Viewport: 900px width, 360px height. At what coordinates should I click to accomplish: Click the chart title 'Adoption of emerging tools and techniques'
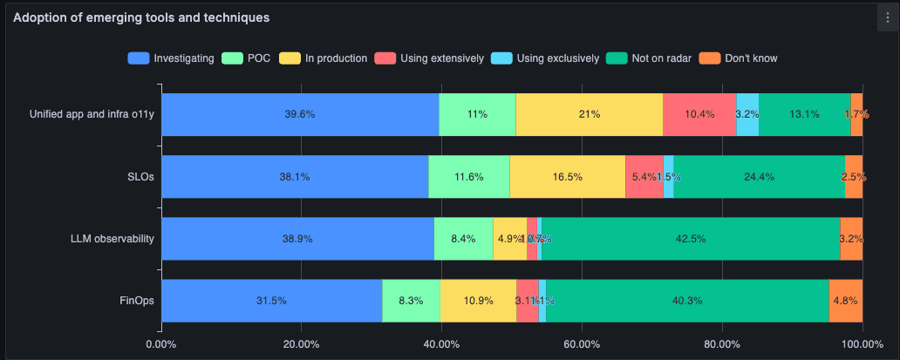140,17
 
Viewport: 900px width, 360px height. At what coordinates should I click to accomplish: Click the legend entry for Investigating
172,58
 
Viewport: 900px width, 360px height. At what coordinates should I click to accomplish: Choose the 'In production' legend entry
325,58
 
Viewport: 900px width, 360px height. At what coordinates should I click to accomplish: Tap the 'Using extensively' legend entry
430,58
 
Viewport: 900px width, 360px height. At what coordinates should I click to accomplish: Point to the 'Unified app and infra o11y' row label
92,114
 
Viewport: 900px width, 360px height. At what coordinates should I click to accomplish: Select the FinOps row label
136,301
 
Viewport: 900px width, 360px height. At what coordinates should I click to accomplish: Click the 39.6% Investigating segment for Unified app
300,114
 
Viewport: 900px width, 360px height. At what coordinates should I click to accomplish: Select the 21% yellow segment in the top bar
589,114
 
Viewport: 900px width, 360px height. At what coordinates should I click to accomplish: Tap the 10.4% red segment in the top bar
699,114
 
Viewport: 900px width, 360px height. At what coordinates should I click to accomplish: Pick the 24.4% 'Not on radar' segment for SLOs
759,177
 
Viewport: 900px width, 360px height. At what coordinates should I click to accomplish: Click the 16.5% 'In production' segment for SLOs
567,177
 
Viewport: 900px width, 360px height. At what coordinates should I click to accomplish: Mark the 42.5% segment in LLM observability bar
691,239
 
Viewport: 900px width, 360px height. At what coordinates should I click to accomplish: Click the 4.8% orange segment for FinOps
846,301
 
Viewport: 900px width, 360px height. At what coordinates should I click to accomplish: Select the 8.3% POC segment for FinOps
411,301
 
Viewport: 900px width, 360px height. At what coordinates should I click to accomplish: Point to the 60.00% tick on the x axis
582,344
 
